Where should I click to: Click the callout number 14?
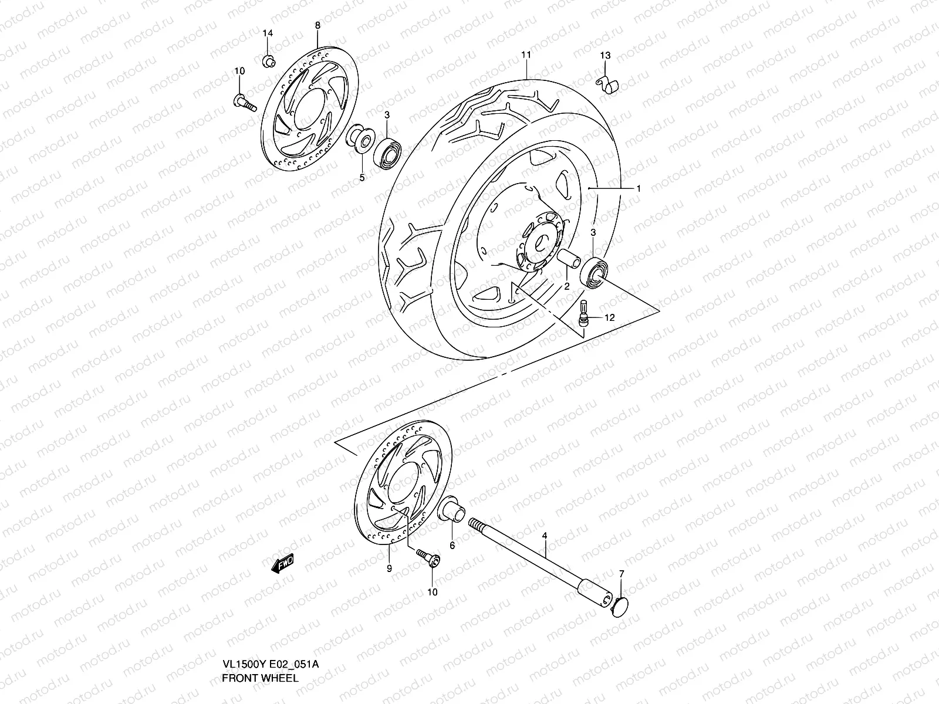pos(267,33)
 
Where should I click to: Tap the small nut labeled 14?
pos(267,59)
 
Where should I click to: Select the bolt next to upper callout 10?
pos(248,103)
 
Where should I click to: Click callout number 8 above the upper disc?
pos(317,25)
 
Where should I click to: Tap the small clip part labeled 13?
pos(607,86)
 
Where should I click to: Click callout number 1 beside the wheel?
pos(638,188)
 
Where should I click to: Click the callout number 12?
pos(609,317)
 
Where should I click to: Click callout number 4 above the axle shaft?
pos(544,536)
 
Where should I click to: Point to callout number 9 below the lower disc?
pos(389,568)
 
